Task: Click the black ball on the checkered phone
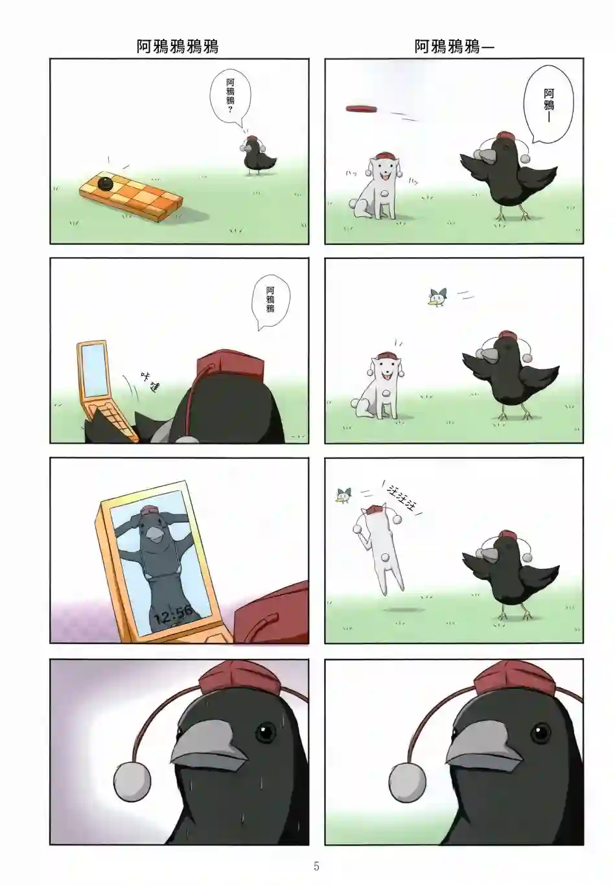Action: tap(106, 183)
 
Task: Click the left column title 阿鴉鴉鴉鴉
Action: tap(178, 47)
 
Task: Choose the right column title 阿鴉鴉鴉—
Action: tap(454, 47)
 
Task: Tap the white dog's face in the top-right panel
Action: tap(384, 167)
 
